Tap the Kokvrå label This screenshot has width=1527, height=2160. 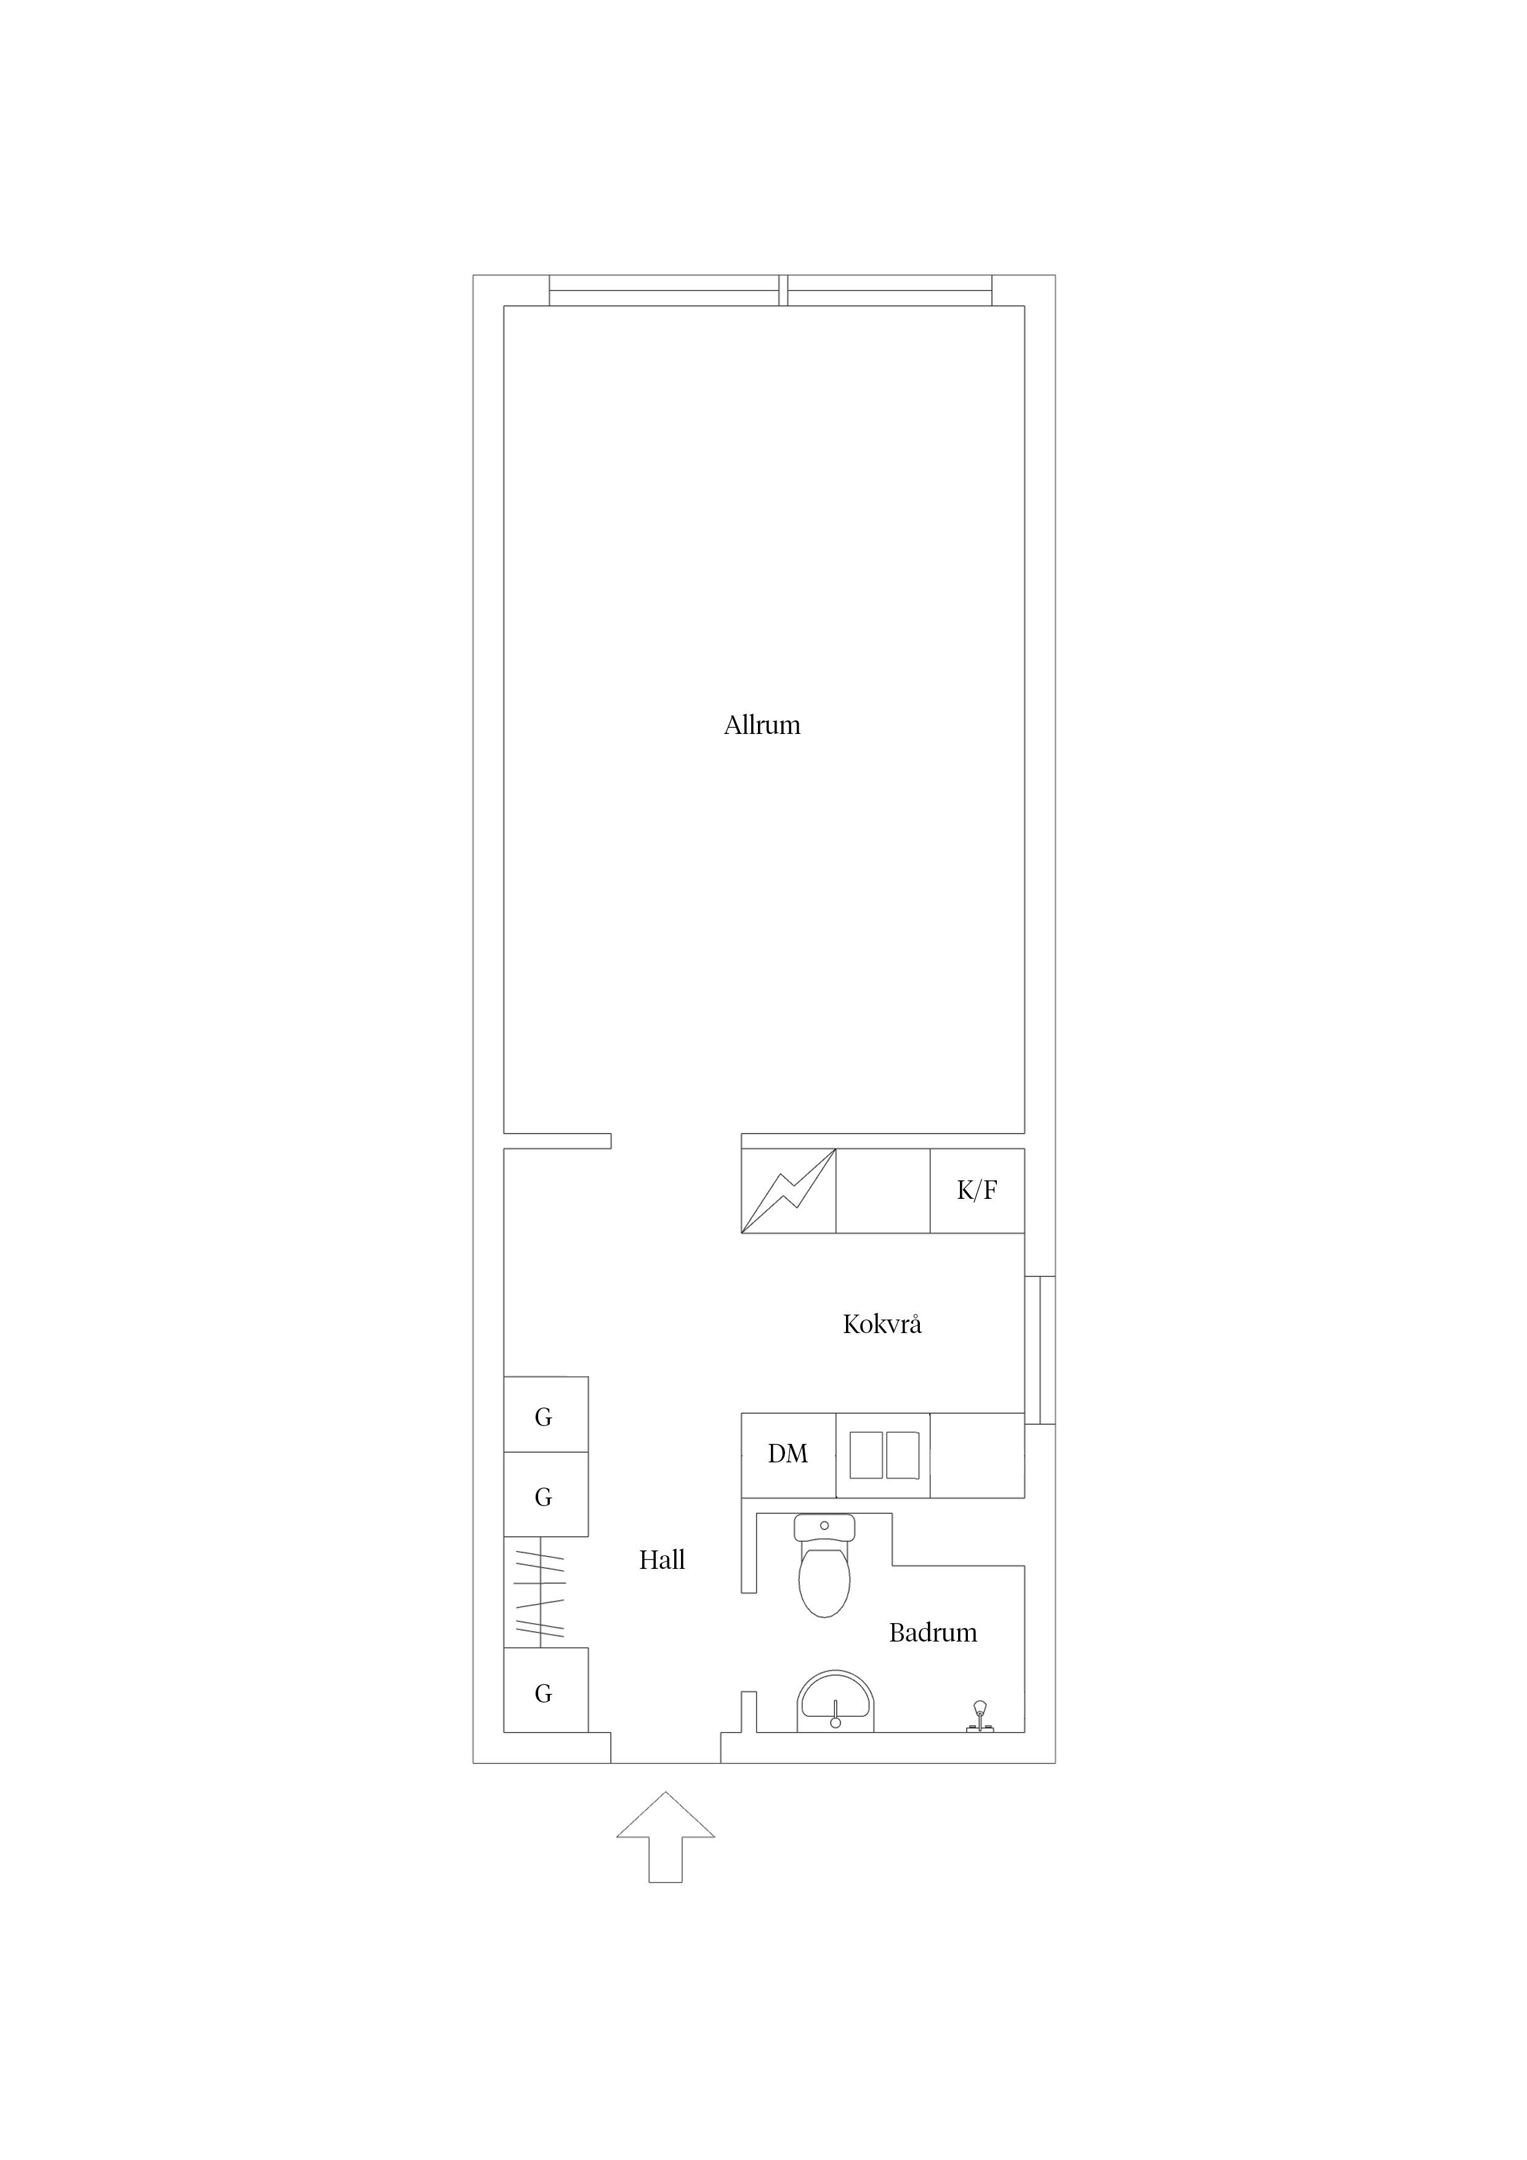coord(882,1324)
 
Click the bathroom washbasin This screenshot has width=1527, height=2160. coord(836,1703)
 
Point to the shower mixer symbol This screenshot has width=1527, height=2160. coord(980,1717)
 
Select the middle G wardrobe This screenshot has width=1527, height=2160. coord(546,1495)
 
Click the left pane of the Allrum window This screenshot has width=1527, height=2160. coord(664,291)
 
